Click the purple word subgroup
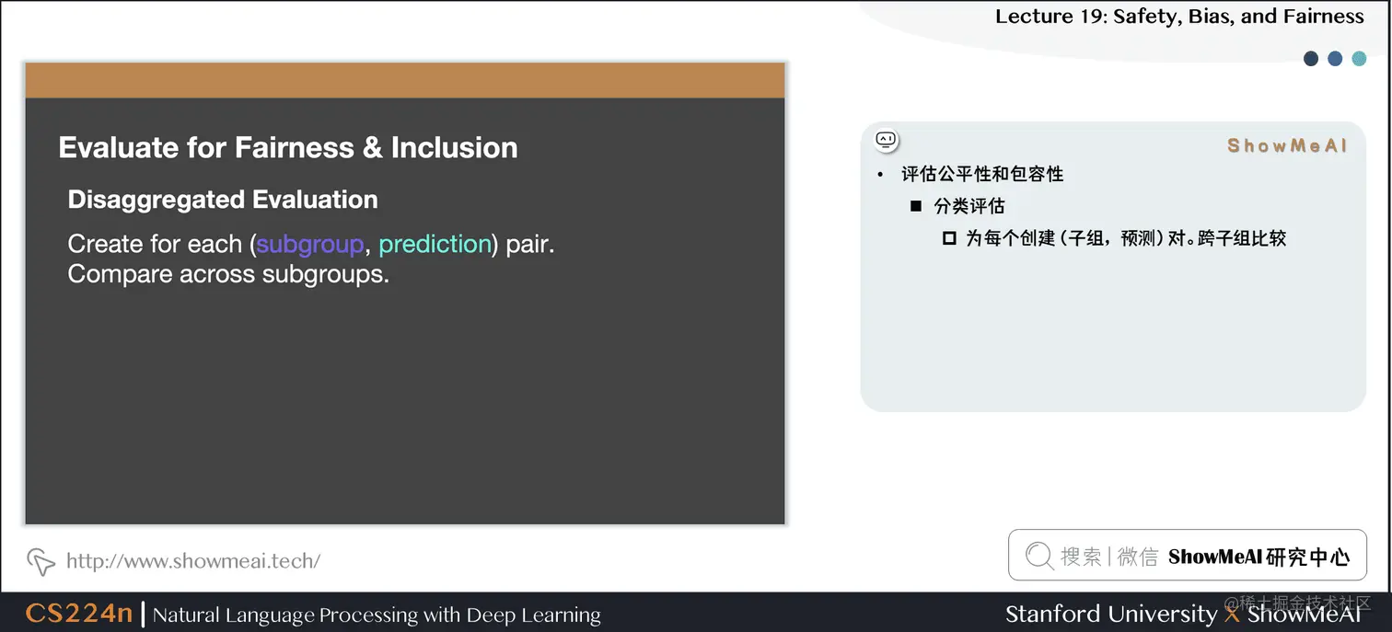click(x=310, y=245)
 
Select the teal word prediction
click(x=435, y=245)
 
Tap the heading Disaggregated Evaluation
click(x=223, y=200)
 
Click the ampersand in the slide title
click(x=372, y=148)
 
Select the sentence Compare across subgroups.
click(x=228, y=275)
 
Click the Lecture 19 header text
click(x=1178, y=17)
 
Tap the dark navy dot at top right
click(x=1311, y=59)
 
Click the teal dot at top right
click(x=1359, y=59)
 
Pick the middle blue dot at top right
click(x=1335, y=59)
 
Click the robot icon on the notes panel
click(x=886, y=140)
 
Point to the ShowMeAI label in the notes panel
click(x=1287, y=145)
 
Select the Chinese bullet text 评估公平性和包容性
click(x=982, y=174)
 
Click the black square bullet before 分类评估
click(x=916, y=206)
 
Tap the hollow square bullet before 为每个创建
click(x=949, y=238)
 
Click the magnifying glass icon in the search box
click(x=1038, y=556)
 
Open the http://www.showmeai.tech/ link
click(x=193, y=560)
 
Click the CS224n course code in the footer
click(x=79, y=614)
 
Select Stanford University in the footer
click(x=1110, y=614)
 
